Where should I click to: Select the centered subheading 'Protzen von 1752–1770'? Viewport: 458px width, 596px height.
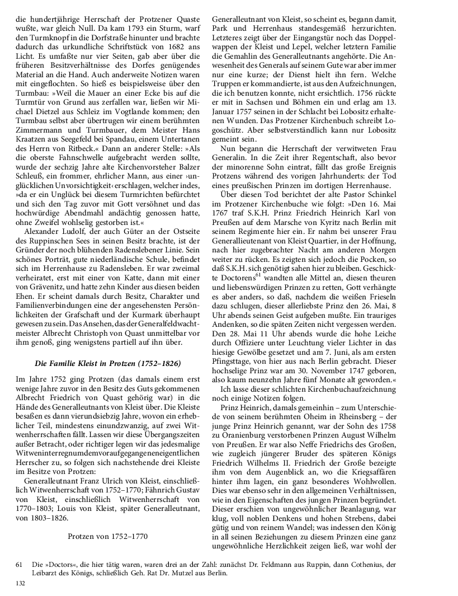coord(108,536)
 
